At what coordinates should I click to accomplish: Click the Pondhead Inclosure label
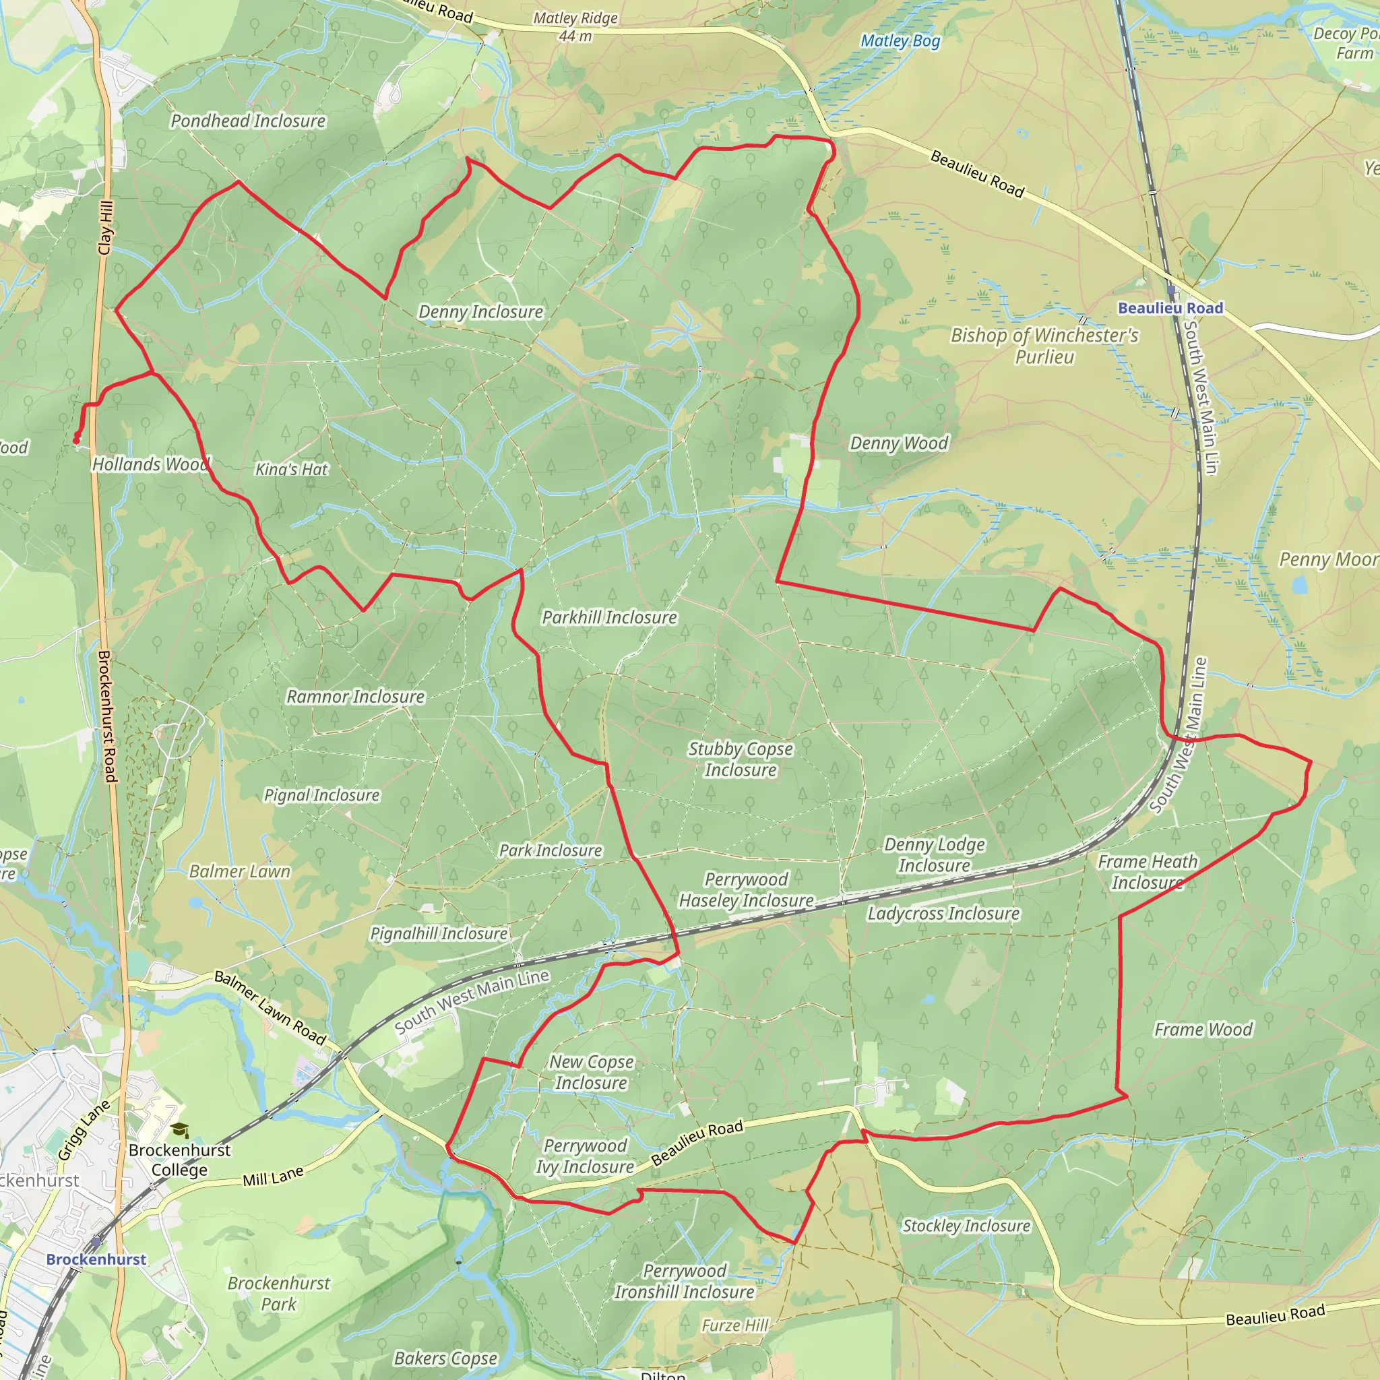[248, 121]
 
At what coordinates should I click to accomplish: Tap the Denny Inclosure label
[480, 311]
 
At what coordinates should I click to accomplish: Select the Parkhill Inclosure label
[608, 617]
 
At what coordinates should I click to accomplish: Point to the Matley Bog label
[900, 40]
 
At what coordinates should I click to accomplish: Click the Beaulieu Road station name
[1170, 308]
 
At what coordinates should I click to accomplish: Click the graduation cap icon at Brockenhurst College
[180, 1130]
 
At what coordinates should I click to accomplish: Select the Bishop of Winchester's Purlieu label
[1044, 346]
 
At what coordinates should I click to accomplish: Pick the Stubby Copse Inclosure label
[740, 759]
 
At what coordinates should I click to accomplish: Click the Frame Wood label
[1203, 1030]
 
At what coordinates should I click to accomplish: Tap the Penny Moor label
[1327, 559]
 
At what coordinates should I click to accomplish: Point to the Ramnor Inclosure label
[355, 697]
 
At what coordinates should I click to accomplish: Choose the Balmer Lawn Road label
[270, 1007]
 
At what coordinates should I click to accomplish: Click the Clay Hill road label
[106, 228]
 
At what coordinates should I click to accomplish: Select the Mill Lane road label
[273, 1177]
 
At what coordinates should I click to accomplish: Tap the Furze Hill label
[734, 1325]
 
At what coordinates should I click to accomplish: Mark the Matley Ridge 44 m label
[575, 26]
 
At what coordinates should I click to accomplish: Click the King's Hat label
[291, 469]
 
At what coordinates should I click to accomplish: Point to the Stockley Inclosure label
[966, 1226]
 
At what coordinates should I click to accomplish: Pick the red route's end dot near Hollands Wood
[76, 440]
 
